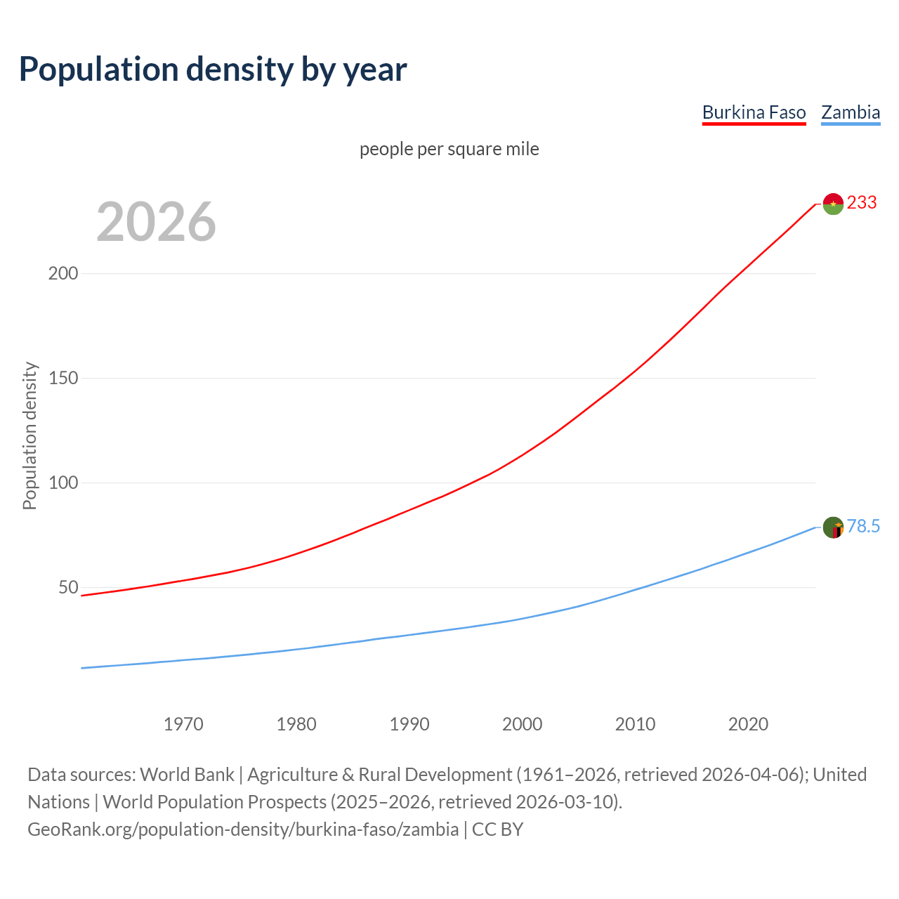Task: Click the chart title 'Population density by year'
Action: (x=213, y=70)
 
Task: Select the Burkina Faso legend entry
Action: (x=754, y=112)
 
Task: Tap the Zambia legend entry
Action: (x=851, y=112)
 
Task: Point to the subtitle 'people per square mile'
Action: (x=449, y=149)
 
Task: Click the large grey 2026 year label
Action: (x=156, y=222)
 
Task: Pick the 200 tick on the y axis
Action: (x=63, y=274)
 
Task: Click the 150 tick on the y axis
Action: (x=63, y=379)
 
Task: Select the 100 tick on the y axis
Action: (x=63, y=483)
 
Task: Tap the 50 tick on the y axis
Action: (x=68, y=588)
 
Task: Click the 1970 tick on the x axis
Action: (x=183, y=724)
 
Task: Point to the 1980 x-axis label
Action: (x=296, y=724)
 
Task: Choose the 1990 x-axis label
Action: (x=409, y=724)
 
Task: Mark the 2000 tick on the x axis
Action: (x=523, y=724)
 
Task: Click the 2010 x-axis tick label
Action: (x=635, y=724)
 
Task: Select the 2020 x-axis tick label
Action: (x=748, y=724)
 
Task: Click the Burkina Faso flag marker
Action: (x=833, y=204)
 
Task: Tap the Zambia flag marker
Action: (x=833, y=527)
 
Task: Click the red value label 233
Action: (x=862, y=203)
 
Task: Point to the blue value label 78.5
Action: (x=863, y=527)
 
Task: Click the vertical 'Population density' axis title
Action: (x=29, y=435)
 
